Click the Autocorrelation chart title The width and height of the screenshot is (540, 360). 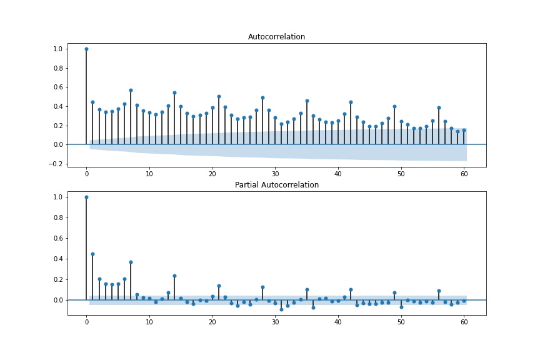point(276,37)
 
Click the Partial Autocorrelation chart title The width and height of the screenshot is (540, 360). point(276,185)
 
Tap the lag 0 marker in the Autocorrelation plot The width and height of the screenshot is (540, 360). point(86,49)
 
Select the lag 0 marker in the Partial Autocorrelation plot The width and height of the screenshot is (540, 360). point(86,197)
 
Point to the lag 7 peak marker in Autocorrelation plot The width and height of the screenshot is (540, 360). point(131,90)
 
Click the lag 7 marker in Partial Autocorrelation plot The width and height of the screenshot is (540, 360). point(131,262)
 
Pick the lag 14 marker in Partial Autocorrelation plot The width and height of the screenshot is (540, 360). point(174,276)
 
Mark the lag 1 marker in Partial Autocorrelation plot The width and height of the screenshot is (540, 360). point(92,254)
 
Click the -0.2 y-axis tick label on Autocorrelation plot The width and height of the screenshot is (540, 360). point(56,164)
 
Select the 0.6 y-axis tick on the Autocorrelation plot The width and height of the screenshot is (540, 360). point(57,87)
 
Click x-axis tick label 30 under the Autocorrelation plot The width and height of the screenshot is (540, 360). point(275,173)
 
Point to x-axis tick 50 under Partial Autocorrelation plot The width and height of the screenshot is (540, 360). point(401,321)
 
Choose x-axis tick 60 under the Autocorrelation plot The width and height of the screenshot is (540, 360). point(464,173)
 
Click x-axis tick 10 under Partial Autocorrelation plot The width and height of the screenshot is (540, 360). point(149,321)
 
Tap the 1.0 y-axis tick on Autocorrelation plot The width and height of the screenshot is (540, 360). point(57,49)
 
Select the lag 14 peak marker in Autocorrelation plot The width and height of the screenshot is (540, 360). point(174,92)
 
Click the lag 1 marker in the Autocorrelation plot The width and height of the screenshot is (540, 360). point(92,102)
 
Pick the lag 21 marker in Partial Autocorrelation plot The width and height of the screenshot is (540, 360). point(219,286)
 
